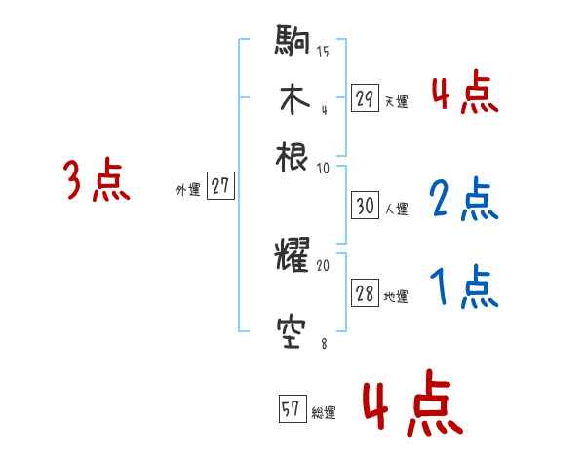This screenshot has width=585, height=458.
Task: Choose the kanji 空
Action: tap(292, 334)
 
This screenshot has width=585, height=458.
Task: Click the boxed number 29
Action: tap(365, 97)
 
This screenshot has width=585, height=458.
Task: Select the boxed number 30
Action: tap(365, 206)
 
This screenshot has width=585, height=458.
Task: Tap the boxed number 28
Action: tap(365, 294)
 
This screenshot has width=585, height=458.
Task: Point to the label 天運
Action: tap(396, 100)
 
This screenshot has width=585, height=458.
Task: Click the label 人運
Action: tap(396, 209)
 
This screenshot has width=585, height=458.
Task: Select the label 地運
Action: tap(396, 297)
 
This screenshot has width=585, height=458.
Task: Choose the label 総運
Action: tap(324, 413)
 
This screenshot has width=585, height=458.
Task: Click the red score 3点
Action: tap(97, 181)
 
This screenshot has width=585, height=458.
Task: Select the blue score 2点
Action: tap(464, 201)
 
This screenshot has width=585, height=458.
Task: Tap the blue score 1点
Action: tap(464, 288)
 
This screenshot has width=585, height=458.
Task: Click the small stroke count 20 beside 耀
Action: tap(323, 264)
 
